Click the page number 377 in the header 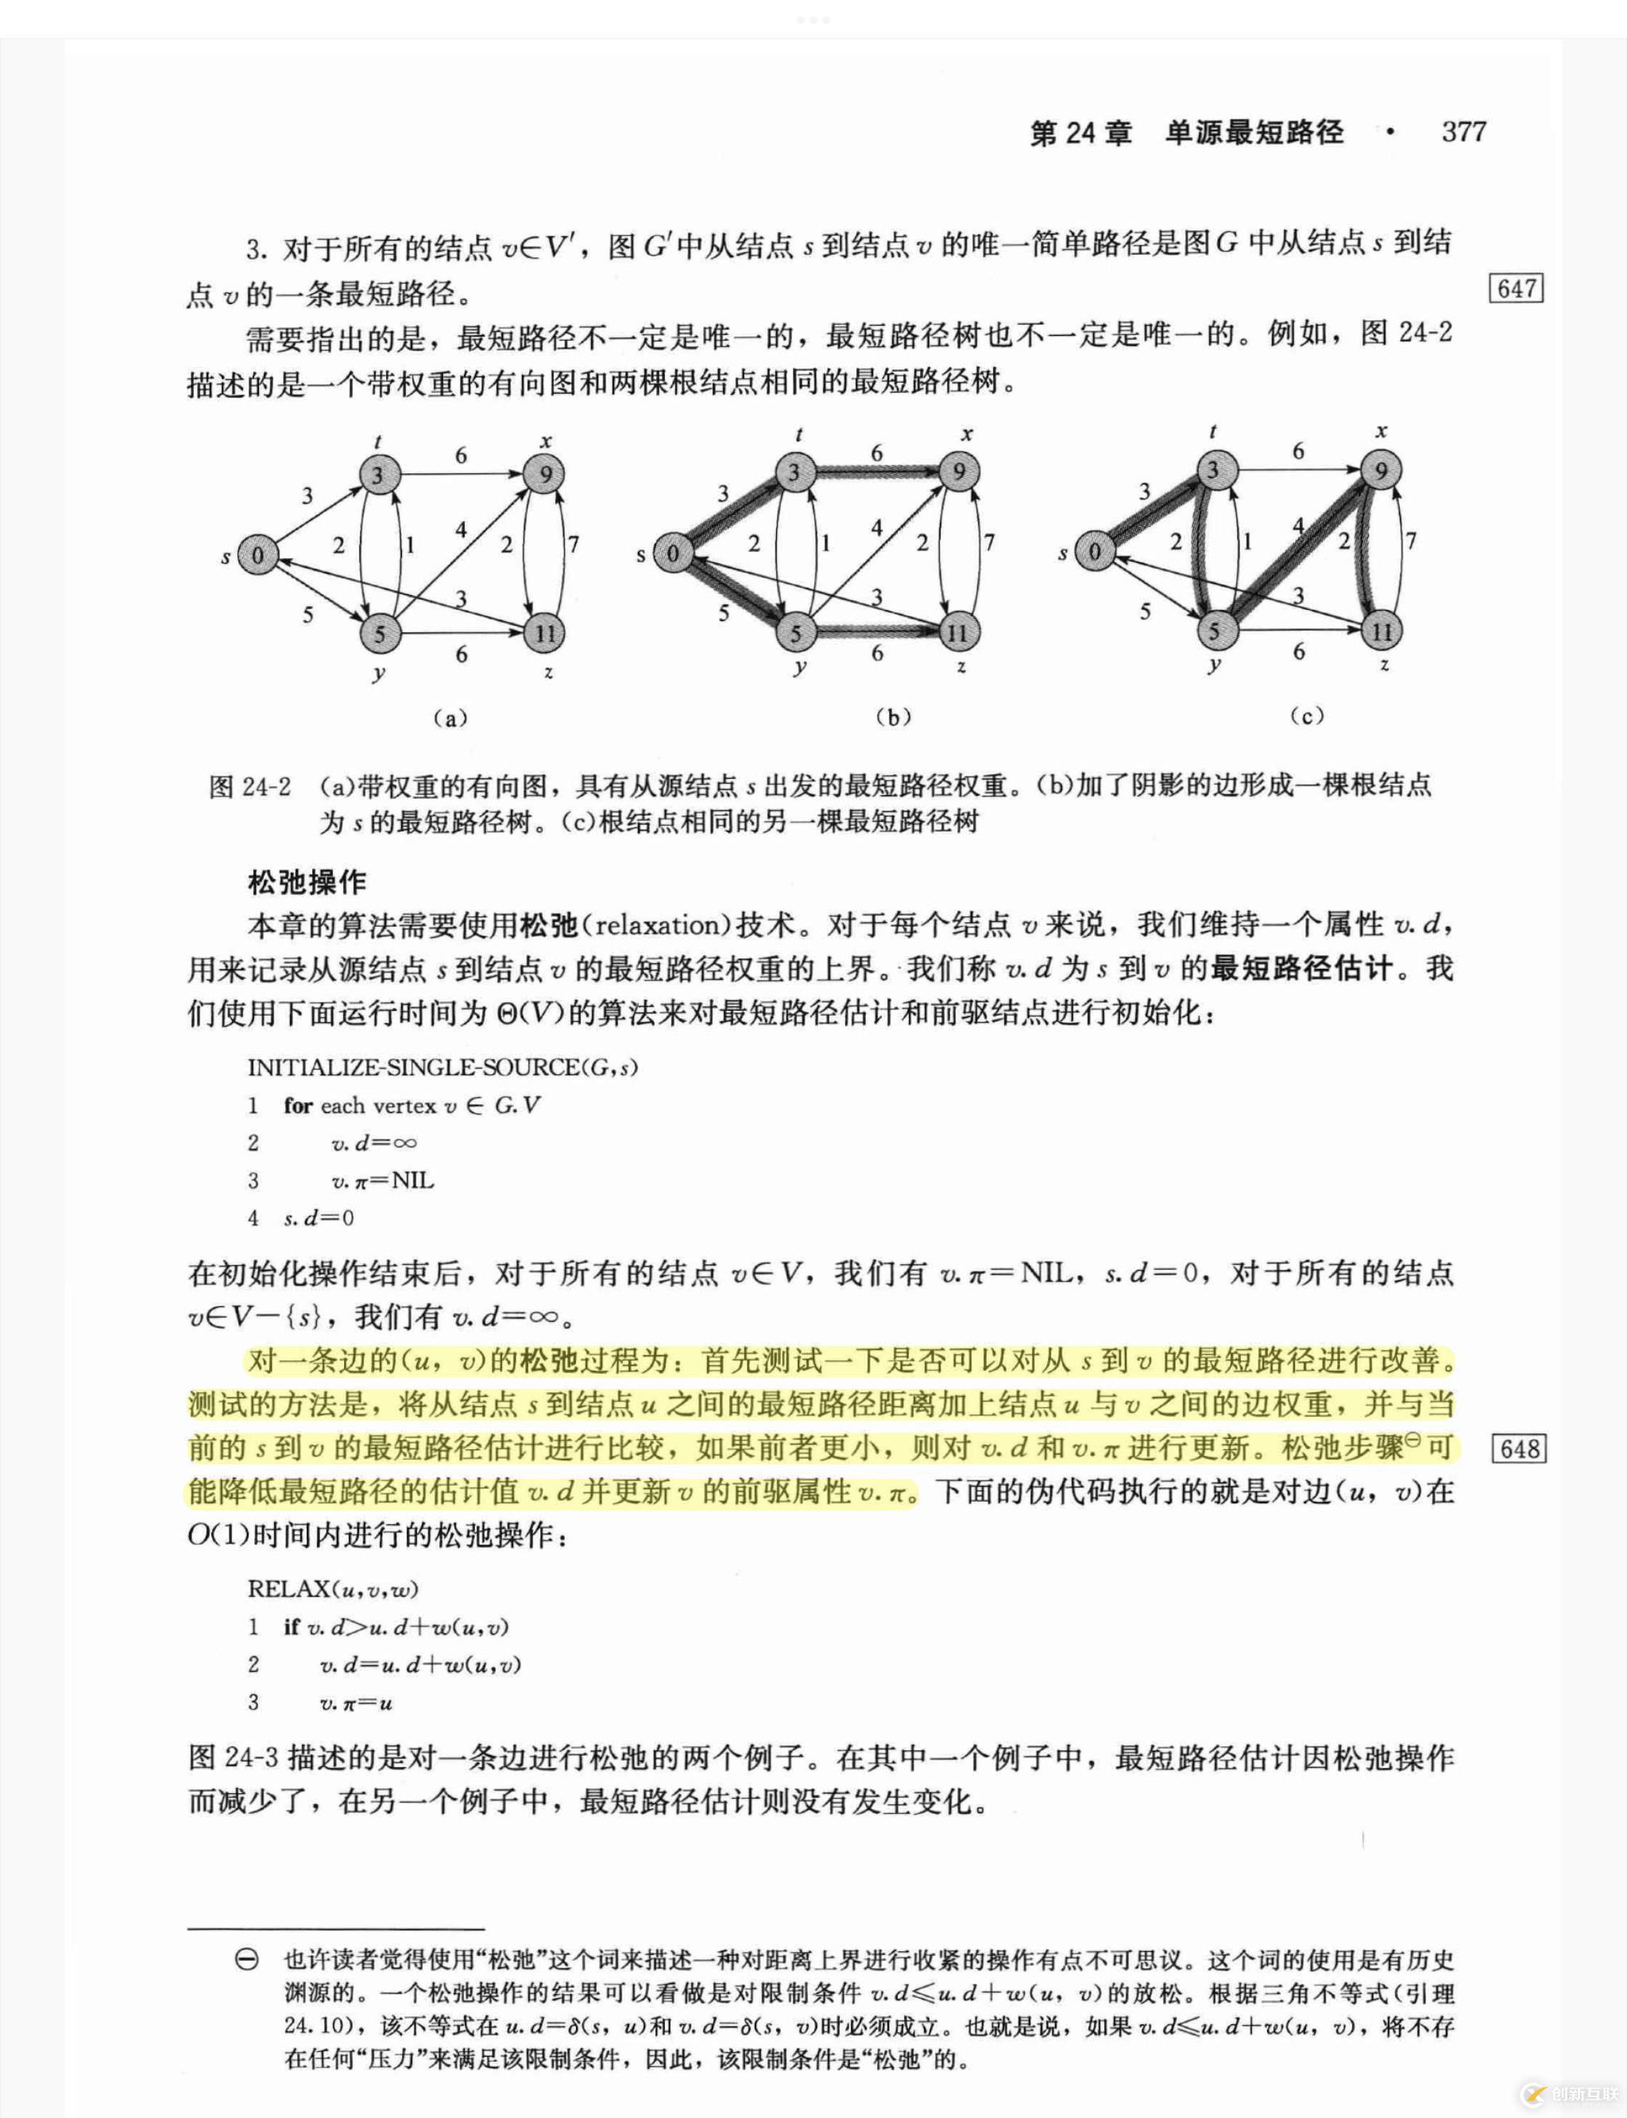tap(1463, 132)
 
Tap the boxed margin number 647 tap(1517, 288)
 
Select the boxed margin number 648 tap(1518, 1449)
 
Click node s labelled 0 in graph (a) tap(257, 554)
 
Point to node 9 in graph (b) tap(959, 472)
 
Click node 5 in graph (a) tap(380, 634)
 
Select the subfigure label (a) tap(450, 717)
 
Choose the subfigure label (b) tap(892, 716)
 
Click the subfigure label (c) tap(1306, 716)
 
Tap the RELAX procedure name tap(288, 1588)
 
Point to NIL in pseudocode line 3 tap(412, 1180)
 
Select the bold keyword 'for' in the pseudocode tap(297, 1105)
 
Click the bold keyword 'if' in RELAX tap(291, 1627)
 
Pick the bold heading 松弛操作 tap(307, 882)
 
